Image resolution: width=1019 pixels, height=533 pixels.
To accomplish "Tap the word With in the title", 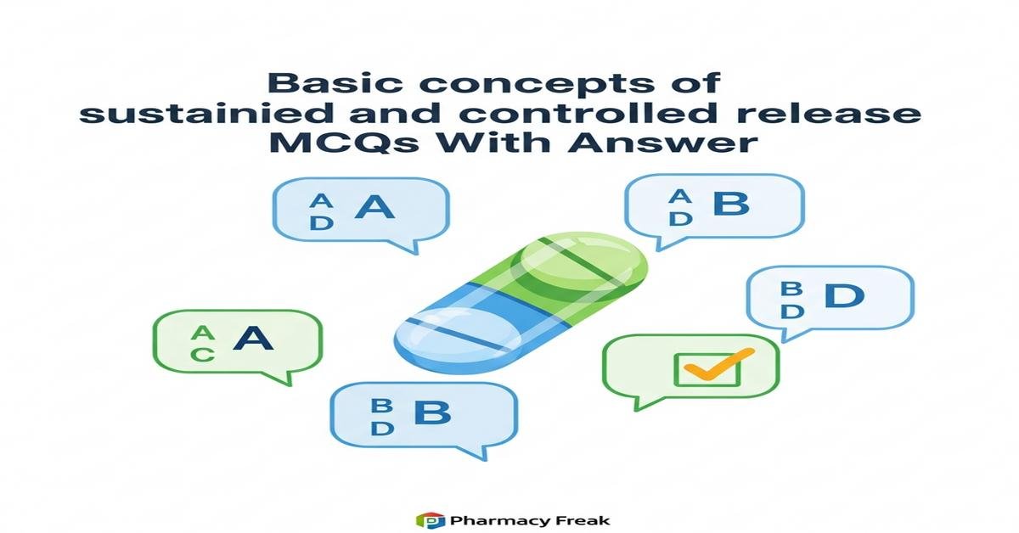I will (515, 143).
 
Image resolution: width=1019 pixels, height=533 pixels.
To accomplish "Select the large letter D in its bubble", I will (844, 296).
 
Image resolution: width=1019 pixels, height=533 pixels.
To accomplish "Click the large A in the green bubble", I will (253, 339).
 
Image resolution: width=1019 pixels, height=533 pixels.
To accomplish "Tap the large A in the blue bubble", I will (374, 207).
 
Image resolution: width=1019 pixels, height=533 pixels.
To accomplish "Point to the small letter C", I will (202, 355).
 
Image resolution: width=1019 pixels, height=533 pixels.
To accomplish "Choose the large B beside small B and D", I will (431, 413).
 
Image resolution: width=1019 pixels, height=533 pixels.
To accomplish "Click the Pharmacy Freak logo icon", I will (430, 519).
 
